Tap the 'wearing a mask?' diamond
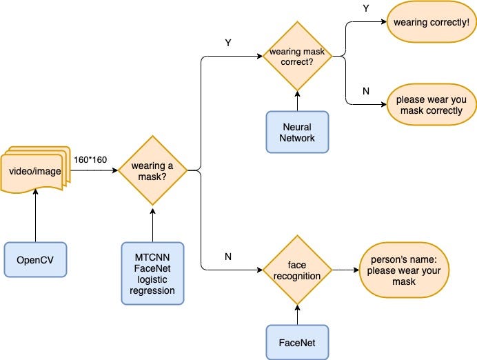point(152,170)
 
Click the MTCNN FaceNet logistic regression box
point(152,272)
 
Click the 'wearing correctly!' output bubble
point(430,23)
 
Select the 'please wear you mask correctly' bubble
point(430,105)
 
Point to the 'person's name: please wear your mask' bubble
point(401,270)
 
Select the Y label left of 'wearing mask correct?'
point(228,43)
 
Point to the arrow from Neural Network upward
point(298,100)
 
